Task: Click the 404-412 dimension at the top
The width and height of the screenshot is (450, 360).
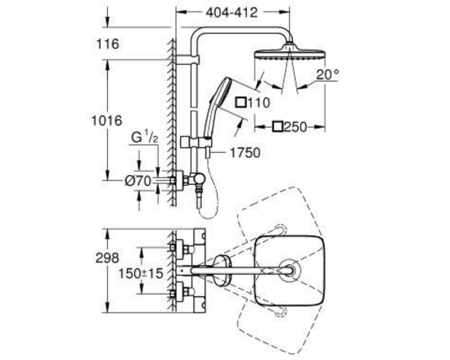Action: [x=232, y=12]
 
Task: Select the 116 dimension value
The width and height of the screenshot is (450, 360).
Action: [x=108, y=44]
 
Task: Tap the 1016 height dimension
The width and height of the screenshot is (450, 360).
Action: [x=106, y=120]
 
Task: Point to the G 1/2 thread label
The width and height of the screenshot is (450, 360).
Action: [x=145, y=137]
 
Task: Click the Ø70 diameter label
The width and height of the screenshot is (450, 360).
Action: [x=138, y=181]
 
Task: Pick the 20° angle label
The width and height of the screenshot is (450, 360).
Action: [x=327, y=75]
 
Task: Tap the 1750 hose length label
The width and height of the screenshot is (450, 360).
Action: [x=245, y=153]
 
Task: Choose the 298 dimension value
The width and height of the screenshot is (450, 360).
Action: [x=107, y=258]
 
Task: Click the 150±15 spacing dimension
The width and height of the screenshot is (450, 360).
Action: [x=141, y=273]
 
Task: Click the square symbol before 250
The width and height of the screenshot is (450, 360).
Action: [x=278, y=127]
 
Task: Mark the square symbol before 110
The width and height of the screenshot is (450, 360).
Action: [x=241, y=102]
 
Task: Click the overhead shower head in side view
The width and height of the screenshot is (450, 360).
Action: [x=290, y=52]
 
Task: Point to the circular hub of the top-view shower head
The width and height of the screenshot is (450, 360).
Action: [x=290, y=270]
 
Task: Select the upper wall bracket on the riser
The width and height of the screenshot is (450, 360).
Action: [x=187, y=60]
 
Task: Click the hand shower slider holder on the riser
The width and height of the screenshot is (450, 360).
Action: [x=196, y=142]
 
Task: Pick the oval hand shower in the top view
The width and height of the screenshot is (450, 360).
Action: [x=222, y=271]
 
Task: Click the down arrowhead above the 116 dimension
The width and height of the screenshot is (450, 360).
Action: [x=108, y=22]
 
